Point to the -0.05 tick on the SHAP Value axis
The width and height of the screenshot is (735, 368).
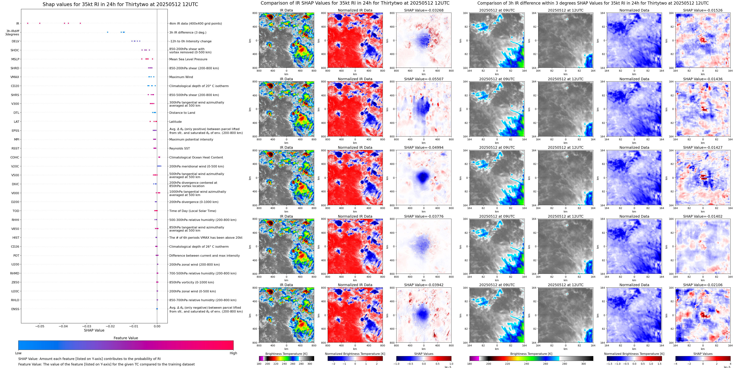[x=40, y=326]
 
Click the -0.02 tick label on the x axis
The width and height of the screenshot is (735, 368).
[x=110, y=326]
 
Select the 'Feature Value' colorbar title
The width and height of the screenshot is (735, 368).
[x=126, y=338]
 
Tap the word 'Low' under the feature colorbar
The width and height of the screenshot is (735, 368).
[x=18, y=353]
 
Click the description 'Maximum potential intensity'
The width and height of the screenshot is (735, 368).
[x=191, y=140]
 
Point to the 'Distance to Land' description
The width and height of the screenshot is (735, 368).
[x=182, y=113]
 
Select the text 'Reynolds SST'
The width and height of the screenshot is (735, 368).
[x=179, y=148]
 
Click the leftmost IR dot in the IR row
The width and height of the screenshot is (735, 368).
[x=28, y=23]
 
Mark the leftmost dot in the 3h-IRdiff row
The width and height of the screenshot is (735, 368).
[x=108, y=32]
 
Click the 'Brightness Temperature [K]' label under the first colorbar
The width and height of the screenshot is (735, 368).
[x=286, y=354]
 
